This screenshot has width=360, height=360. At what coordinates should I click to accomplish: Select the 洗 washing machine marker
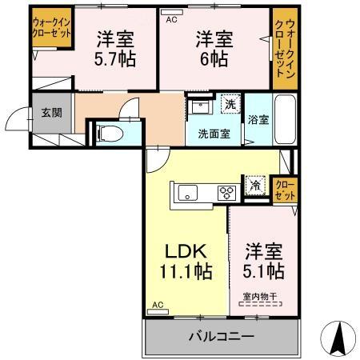(230, 103)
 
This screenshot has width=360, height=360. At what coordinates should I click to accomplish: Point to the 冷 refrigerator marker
(254, 185)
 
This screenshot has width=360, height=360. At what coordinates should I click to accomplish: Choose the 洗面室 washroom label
(214, 134)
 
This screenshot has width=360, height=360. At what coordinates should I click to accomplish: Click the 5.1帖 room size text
(264, 271)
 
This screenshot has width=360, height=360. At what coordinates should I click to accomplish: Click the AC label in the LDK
(158, 305)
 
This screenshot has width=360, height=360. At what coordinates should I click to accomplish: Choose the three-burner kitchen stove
(226, 192)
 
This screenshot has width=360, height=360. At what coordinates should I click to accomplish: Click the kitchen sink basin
(189, 192)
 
